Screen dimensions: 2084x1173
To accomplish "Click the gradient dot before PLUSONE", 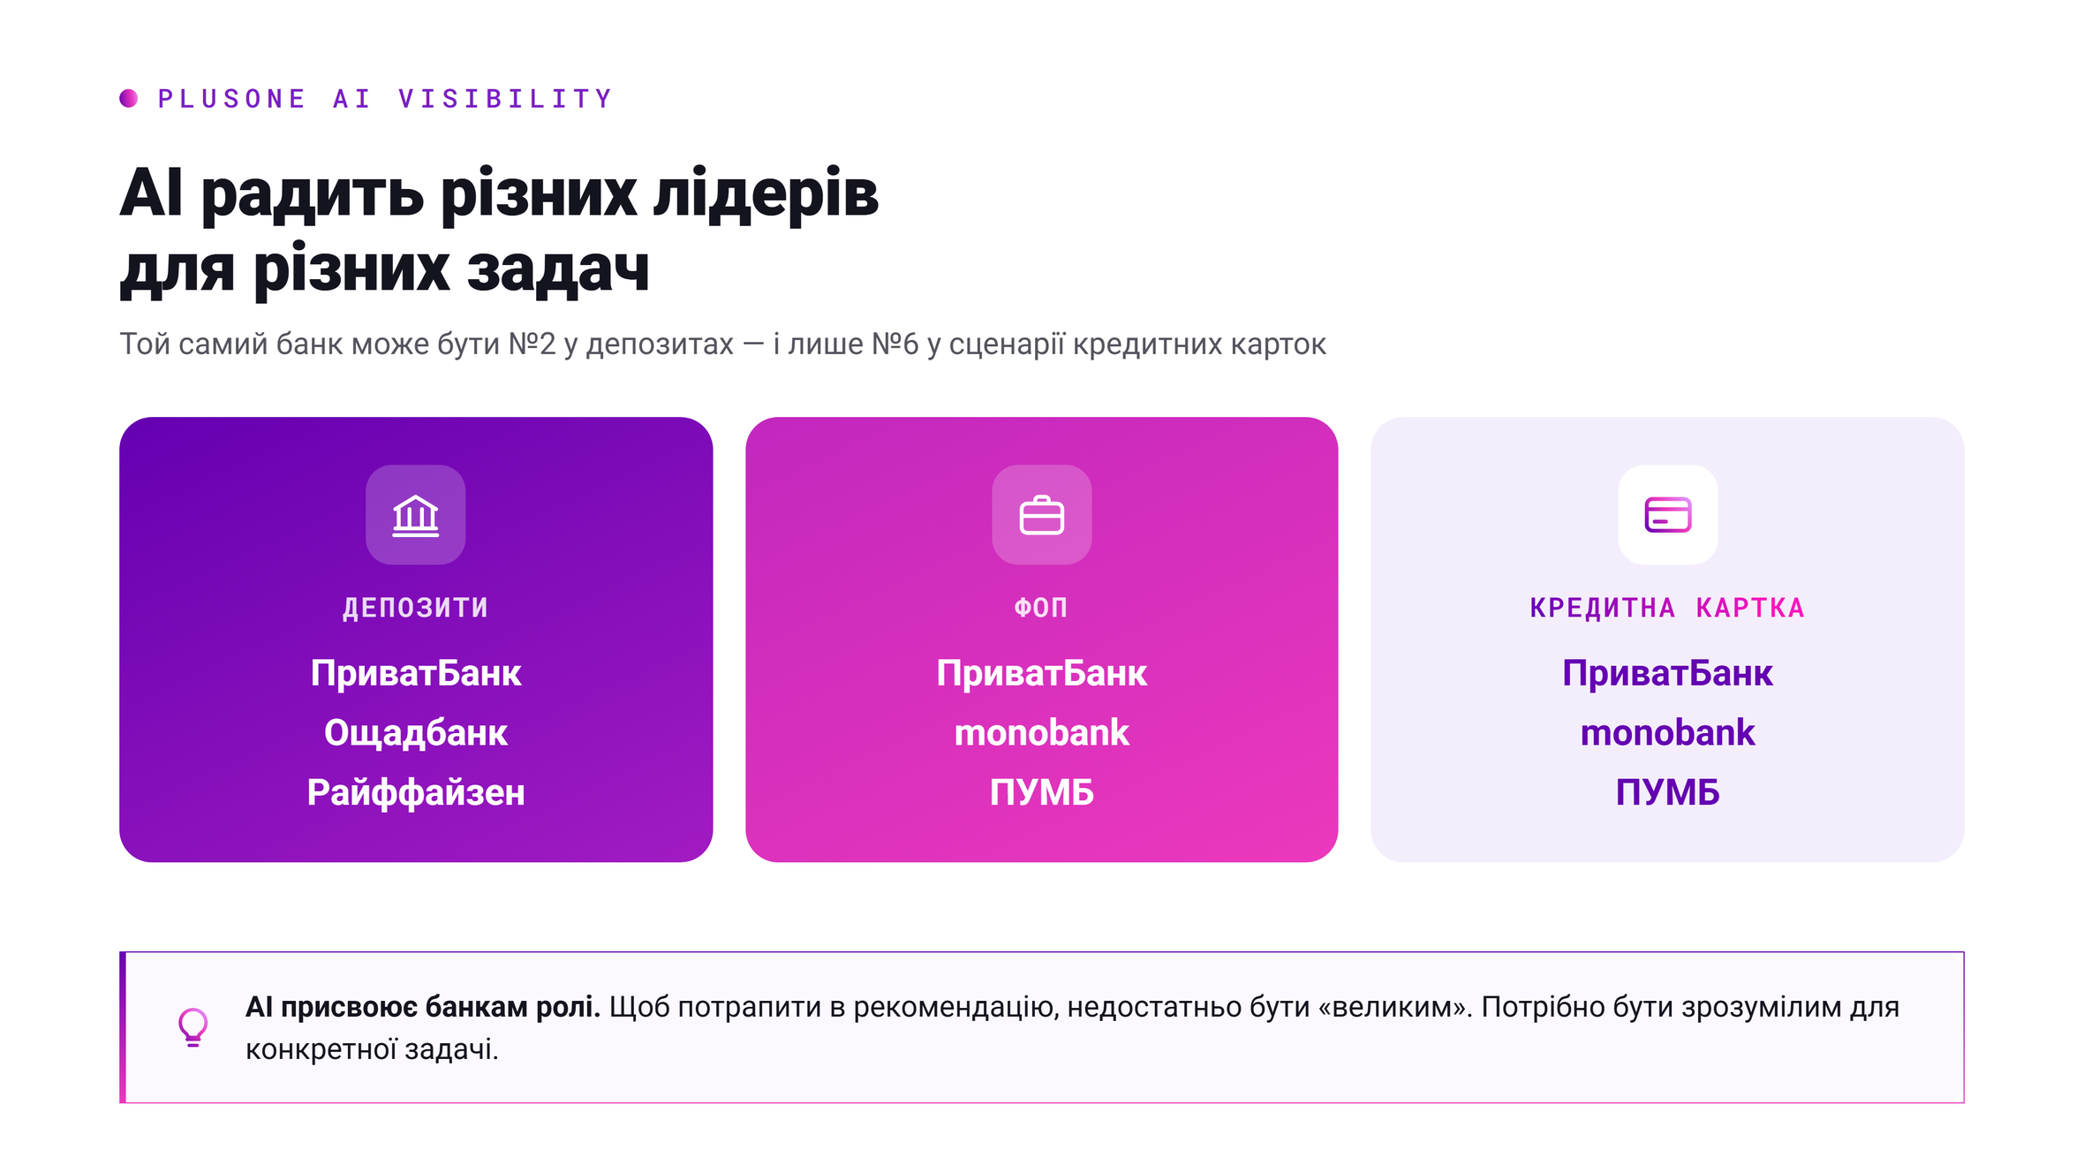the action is tap(129, 98).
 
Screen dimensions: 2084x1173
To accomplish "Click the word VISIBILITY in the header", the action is tap(505, 99).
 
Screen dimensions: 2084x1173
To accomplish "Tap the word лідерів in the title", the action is tap(766, 195).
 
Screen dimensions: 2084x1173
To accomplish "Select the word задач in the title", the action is tap(558, 269).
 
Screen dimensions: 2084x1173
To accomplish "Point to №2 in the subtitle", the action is tap(532, 344).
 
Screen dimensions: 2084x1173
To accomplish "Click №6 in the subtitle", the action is tap(895, 344).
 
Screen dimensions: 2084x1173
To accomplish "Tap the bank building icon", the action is tap(416, 516).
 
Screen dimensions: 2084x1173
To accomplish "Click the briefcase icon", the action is tap(1042, 516).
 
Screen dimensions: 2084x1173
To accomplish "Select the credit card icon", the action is tap(1668, 515).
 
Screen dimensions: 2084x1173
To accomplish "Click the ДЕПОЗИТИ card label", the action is tap(416, 608).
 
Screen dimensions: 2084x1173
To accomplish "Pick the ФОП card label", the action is tap(1042, 608).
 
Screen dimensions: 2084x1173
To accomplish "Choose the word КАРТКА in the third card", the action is tap(1750, 608).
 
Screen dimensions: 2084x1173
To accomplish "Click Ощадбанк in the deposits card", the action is tap(416, 733).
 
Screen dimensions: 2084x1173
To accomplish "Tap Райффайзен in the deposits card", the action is tap(416, 792).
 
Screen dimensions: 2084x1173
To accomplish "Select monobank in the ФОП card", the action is tap(1042, 733).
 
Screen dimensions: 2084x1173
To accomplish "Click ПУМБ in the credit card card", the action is tap(1668, 792).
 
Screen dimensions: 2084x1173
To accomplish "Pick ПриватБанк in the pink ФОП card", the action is tap(1042, 674).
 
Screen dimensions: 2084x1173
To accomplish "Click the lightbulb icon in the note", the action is tap(193, 1027).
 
